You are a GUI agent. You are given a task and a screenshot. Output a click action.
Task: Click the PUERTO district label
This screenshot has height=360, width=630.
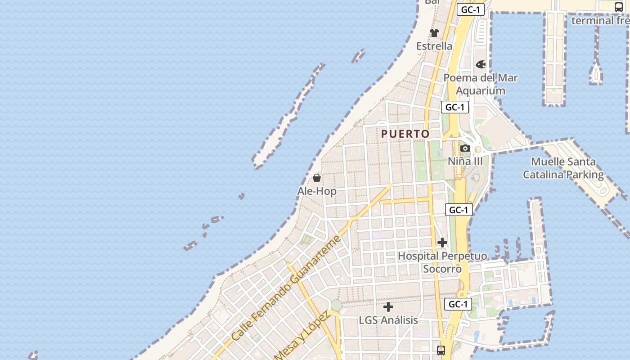[x=405, y=134]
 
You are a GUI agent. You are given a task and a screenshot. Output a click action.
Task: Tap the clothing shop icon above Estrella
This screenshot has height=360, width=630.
[x=434, y=32]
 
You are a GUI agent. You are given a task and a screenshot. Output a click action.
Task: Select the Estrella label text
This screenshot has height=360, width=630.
[x=434, y=46]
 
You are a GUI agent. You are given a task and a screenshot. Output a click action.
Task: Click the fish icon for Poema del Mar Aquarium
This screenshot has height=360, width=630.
[x=481, y=64]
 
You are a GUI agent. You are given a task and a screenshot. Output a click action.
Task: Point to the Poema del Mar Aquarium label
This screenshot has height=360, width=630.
[x=481, y=84]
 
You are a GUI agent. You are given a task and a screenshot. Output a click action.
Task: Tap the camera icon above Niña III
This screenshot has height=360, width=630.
[x=465, y=148]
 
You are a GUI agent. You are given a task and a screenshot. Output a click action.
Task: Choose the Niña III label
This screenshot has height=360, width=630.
[x=465, y=161]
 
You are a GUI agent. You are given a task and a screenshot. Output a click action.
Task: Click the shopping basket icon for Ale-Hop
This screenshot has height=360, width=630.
[x=317, y=178]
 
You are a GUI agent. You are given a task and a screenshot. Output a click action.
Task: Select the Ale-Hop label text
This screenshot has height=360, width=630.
[x=317, y=191]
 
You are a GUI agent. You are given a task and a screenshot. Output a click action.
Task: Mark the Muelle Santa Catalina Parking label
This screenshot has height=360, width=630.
[x=563, y=168]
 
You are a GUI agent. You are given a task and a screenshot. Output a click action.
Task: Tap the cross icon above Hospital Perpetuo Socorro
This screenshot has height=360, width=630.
[x=442, y=243]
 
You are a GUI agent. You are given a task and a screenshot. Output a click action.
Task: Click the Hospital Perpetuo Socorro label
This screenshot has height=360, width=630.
[x=442, y=262]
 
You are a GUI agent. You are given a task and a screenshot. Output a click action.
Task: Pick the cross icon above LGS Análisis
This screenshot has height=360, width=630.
[x=388, y=307]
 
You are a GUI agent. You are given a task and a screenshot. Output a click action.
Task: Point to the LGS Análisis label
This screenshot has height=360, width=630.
[x=388, y=320]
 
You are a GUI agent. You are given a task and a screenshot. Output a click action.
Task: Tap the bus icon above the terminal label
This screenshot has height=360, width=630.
[x=619, y=7]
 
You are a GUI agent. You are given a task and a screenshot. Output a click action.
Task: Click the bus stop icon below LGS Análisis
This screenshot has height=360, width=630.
[x=441, y=350]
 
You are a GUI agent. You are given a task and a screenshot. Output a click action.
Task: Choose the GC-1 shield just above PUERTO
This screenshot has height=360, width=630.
[x=455, y=107]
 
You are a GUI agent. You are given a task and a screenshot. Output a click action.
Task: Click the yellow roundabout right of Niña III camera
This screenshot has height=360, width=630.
[x=478, y=149]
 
